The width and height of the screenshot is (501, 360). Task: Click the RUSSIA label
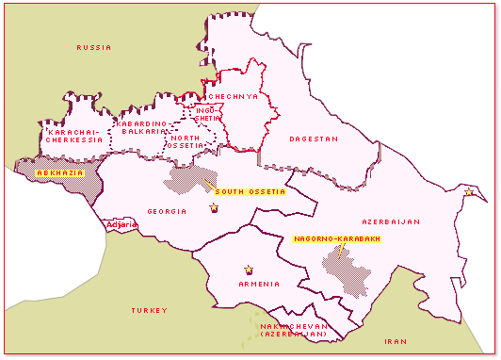(x=94, y=47)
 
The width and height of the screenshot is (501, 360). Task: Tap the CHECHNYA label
(x=230, y=96)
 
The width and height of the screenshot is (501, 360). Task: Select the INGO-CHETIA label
(x=206, y=114)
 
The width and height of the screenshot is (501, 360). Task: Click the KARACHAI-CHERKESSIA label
(x=74, y=136)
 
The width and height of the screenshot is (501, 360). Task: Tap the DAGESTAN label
(x=314, y=139)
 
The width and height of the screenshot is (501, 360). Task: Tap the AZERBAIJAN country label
(x=389, y=221)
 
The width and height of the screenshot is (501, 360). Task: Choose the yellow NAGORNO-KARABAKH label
(x=337, y=238)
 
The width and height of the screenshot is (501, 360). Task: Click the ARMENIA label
(x=259, y=284)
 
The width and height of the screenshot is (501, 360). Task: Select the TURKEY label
(x=149, y=310)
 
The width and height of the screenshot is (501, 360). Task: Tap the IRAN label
(x=395, y=341)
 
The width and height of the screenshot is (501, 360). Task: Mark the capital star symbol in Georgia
(x=214, y=207)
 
